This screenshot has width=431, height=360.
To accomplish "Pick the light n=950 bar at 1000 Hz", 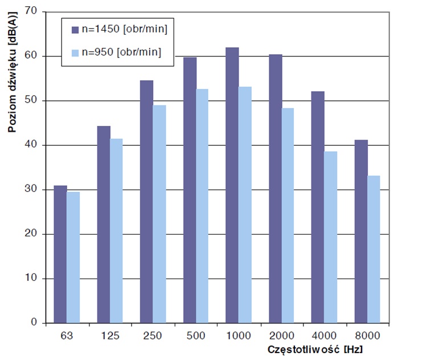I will [245, 204].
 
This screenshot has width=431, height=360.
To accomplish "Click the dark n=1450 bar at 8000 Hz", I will [361, 231].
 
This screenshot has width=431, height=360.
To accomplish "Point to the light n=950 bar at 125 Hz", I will [116, 230].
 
